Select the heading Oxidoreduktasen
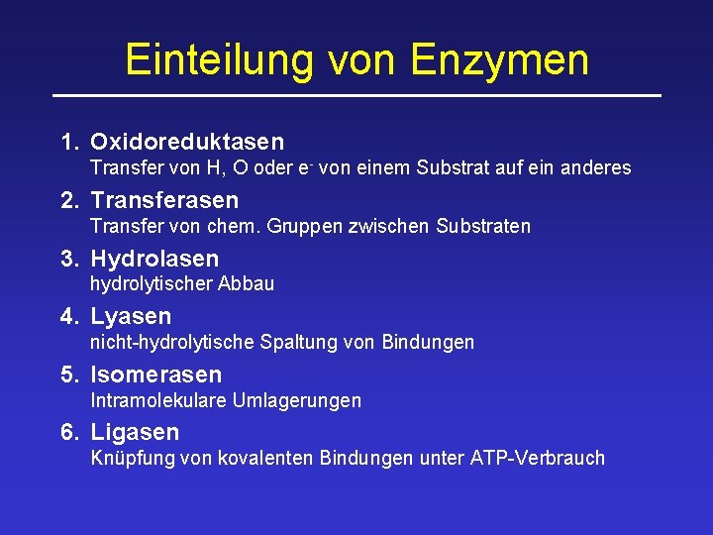[x=187, y=143]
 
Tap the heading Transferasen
[x=164, y=201]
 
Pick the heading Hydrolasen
[x=154, y=260]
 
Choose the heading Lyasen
[x=131, y=317]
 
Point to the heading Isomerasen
[x=156, y=374]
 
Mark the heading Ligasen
[x=135, y=432]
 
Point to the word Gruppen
[x=306, y=226]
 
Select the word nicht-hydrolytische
[x=172, y=343]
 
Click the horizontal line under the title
[x=356, y=95]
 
